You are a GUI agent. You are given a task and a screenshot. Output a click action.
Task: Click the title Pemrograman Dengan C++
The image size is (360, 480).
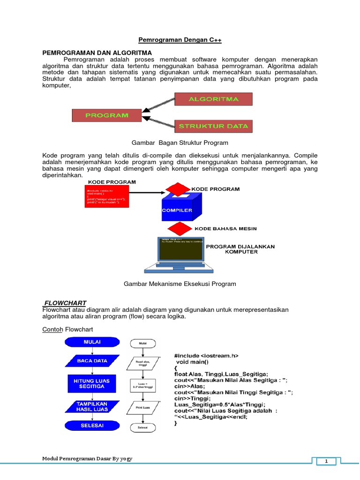(x=180, y=41)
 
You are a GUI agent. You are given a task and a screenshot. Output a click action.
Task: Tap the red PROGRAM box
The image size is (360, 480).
(x=107, y=115)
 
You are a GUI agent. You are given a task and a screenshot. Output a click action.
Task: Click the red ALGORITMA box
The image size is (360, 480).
(x=213, y=99)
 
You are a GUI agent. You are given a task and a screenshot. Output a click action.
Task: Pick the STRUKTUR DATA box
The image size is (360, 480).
(x=213, y=126)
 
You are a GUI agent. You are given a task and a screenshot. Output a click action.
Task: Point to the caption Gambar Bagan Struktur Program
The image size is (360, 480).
(x=180, y=142)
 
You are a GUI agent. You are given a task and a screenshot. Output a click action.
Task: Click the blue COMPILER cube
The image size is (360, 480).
(x=177, y=211)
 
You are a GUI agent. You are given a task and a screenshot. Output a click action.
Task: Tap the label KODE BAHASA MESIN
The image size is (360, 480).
(x=225, y=229)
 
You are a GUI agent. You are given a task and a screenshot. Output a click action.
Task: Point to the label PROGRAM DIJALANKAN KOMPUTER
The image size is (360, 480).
(x=240, y=249)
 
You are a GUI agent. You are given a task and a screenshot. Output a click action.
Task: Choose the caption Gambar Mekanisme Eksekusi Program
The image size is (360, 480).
(x=180, y=284)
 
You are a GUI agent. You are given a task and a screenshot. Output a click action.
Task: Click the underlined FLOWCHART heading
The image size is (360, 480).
(x=65, y=302)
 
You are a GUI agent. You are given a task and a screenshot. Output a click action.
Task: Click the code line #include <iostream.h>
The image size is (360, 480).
(x=206, y=356)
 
